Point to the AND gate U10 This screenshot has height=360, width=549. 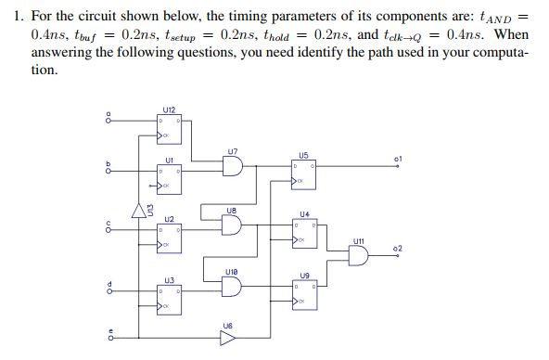(x=232, y=285)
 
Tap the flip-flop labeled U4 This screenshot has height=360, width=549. (x=303, y=233)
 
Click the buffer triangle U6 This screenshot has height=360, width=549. (x=228, y=338)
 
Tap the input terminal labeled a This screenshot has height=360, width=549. (x=109, y=118)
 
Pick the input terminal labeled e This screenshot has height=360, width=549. (x=109, y=338)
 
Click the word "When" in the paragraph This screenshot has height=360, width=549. (x=509, y=34)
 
